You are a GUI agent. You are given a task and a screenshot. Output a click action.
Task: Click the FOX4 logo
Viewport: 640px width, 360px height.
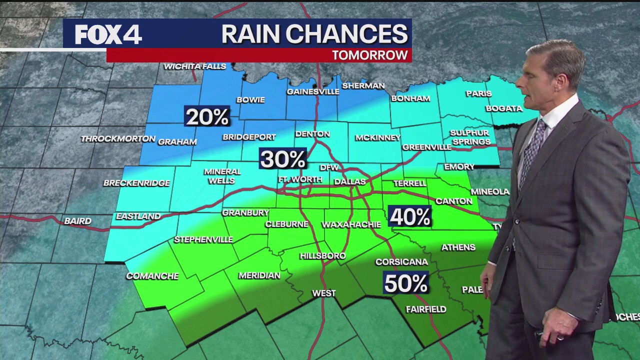click(108, 34)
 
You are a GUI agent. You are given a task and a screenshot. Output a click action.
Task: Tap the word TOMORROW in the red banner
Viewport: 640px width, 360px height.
click(370, 55)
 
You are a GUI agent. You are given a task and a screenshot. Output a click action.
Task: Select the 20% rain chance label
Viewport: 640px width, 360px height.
click(207, 117)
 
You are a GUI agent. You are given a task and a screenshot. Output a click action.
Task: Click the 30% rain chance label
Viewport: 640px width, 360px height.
click(282, 159)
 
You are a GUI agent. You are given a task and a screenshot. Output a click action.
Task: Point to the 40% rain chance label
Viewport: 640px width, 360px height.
click(409, 217)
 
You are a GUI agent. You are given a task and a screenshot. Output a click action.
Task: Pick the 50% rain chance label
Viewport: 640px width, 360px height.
click(405, 283)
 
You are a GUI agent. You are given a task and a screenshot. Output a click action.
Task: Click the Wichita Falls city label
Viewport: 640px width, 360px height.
click(195, 66)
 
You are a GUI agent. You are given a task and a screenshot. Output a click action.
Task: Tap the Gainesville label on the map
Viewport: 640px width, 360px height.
click(313, 92)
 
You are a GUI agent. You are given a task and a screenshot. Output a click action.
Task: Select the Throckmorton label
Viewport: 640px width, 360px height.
click(118, 138)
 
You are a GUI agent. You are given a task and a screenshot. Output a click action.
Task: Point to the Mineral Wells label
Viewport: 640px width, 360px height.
click(222, 176)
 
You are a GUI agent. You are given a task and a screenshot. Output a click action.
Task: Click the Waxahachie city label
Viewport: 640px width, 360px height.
click(351, 225)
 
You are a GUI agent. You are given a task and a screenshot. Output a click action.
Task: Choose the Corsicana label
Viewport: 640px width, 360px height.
click(401, 262)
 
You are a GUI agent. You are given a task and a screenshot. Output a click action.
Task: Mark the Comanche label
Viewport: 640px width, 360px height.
click(152, 276)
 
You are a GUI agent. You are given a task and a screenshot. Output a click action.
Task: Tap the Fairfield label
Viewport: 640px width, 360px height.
click(426, 309)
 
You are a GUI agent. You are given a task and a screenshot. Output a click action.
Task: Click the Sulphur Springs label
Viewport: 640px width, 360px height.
click(470, 137)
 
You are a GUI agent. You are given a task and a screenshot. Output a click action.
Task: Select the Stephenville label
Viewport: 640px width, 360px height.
click(203, 240)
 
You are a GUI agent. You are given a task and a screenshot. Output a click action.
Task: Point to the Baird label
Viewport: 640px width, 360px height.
click(78, 221)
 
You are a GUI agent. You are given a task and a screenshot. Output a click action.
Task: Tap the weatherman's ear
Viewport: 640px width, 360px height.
click(559, 80)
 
